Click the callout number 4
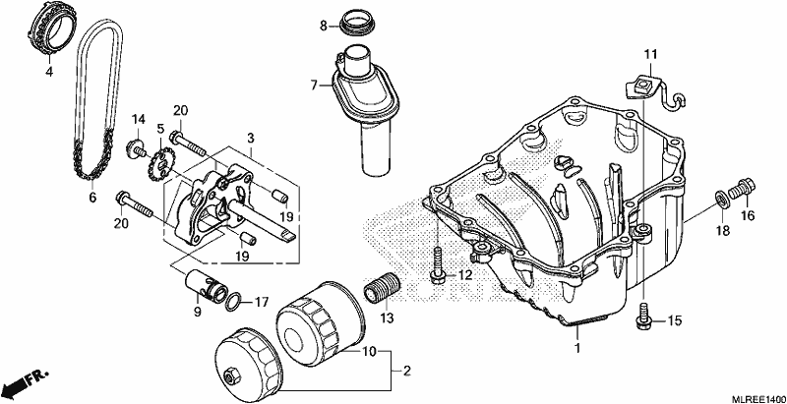(x=48, y=72)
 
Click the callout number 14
(x=139, y=119)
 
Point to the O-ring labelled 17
(x=232, y=302)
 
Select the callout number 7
(x=314, y=86)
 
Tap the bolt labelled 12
(x=437, y=264)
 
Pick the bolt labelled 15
(x=643, y=317)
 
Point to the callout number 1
(x=577, y=347)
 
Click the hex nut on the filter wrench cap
(x=231, y=375)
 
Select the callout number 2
(x=407, y=372)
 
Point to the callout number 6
(x=92, y=198)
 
